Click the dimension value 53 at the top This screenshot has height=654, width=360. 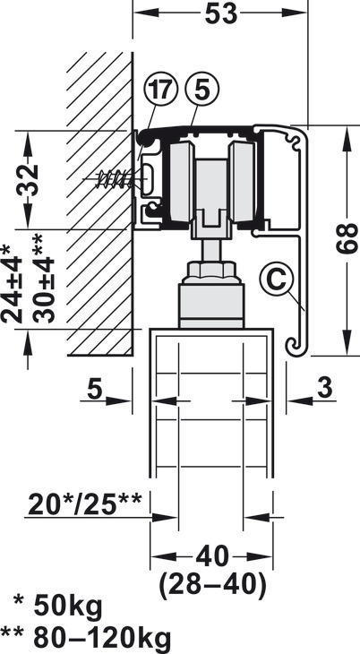pos(221,14)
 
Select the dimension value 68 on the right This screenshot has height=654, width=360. pos(347,238)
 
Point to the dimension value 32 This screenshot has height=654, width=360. pos(28,180)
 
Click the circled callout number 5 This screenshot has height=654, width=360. pos(201,90)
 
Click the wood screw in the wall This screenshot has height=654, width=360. pos(114,178)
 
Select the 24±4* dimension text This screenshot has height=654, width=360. pos(12,285)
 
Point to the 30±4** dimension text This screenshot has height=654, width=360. pos(43,279)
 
